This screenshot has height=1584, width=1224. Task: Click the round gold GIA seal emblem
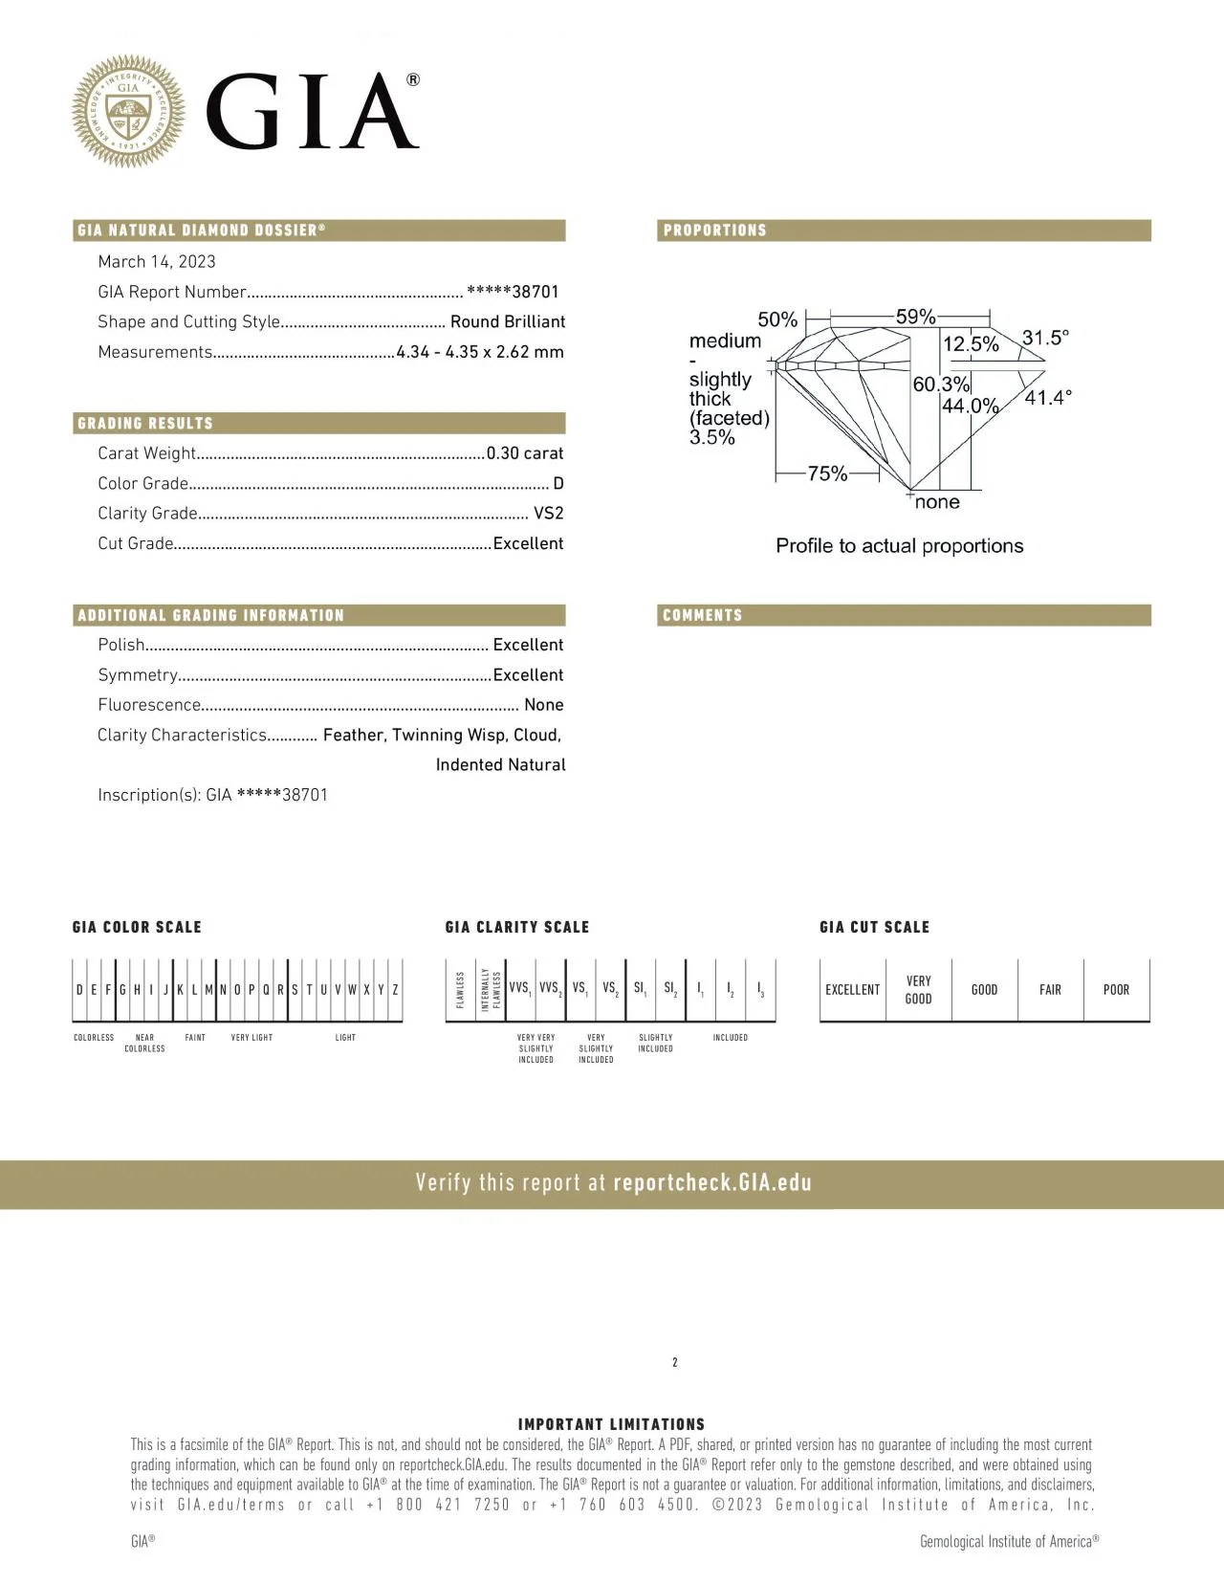pos(128,111)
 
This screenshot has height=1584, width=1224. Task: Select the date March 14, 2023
pos(157,262)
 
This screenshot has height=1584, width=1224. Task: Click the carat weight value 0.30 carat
pos(525,453)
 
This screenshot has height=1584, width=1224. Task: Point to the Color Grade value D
pos(558,484)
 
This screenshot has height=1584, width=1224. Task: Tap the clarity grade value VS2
pos(548,514)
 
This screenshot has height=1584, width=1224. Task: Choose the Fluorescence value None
pos(543,705)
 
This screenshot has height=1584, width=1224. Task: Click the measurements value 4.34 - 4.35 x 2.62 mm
pos(480,352)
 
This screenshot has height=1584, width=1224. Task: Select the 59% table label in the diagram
pos(915,317)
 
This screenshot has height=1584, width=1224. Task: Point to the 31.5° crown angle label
pos(1045,338)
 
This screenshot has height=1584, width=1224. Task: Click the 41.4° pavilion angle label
pos(1048,398)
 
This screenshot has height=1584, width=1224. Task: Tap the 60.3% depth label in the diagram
pos(941,385)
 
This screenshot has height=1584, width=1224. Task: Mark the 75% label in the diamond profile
pos(827,473)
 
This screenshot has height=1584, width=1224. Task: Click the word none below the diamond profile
pos(937,502)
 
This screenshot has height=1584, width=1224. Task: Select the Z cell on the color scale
pos(395,990)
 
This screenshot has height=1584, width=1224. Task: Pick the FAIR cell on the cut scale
pos(1050,990)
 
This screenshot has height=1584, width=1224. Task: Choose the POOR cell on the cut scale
pos(1116,990)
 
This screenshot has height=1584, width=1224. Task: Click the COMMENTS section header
pos(703,615)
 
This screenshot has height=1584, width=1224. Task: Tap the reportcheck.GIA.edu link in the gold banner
pos(711,1183)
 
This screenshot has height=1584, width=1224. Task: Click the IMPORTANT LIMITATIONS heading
pos(611,1424)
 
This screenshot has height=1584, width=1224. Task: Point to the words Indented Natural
pos(500,765)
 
